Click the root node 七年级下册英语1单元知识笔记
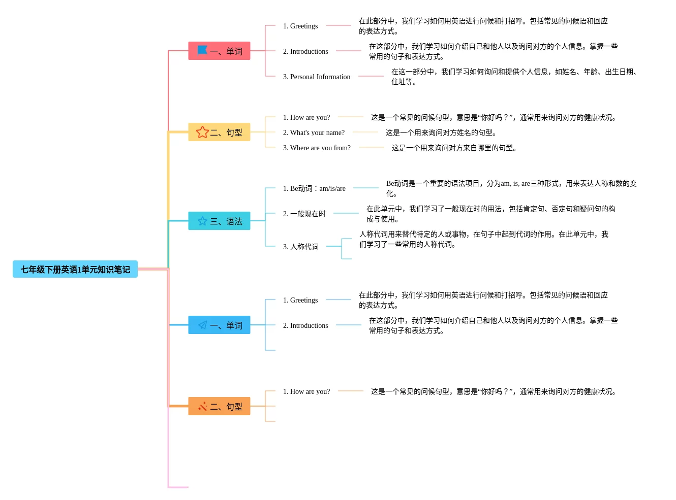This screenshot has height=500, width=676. pyautogui.click(x=75, y=270)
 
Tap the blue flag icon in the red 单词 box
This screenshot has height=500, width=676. pyautogui.click(x=202, y=50)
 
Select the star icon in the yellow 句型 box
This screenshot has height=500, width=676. pyautogui.click(x=202, y=132)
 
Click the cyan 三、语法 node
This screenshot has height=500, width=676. pyautogui.click(x=219, y=221)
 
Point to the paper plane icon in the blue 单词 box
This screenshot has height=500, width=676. pyautogui.click(x=203, y=325)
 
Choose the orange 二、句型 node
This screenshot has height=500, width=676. pyautogui.click(x=219, y=407)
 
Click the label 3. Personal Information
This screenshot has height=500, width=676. pyautogui.click(x=316, y=77)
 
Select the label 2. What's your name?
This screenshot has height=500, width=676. pyautogui.click(x=314, y=132)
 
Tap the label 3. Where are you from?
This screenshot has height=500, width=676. pyautogui.click(x=317, y=148)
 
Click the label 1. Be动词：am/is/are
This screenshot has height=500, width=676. pyautogui.click(x=314, y=188)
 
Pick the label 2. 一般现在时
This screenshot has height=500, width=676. pyautogui.click(x=304, y=214)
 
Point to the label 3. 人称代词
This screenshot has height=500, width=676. pyautogui.click(x=300, y=247)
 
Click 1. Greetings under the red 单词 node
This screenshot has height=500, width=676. pyautogui.click(x=300, y=26)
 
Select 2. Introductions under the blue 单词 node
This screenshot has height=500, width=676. pyautogui.click(x=305, y=325)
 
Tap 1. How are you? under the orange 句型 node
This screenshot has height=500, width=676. pyautogui.click(x=306, y=391)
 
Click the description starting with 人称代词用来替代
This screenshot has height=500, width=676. pyautogui.click(x=483, y=239)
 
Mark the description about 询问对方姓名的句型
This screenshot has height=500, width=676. pyautogui.click(x=441, y=132)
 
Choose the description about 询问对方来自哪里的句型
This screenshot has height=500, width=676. pyautogui.click(x=454, y=148)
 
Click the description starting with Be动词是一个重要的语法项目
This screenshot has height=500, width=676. pyautogui.click(x=511, y=188)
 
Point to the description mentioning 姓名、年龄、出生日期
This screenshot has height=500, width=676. pyautogui.click(x=514, y=77)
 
